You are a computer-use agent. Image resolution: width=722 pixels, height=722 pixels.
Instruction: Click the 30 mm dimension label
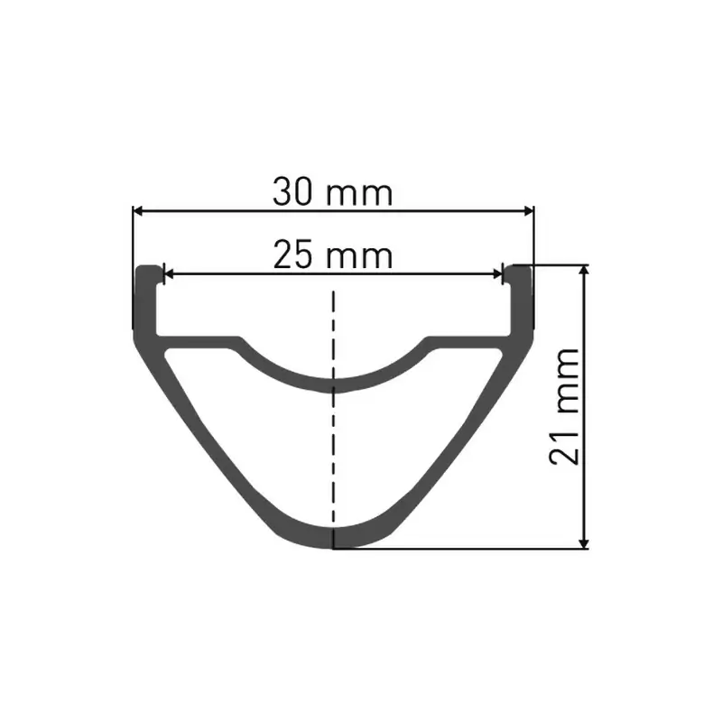click(x=333, y=192)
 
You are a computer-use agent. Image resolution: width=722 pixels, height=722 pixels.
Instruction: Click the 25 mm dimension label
click(x=333, y=256)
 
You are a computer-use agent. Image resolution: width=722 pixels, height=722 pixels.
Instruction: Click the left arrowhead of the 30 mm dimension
click(x=138, y=211)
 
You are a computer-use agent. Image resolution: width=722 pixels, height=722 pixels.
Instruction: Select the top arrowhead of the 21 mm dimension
click(x=586, y=272)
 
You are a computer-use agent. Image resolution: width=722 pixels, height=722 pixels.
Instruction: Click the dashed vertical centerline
click(x=334, y=433)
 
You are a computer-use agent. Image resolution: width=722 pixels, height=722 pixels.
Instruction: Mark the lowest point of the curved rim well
click(x=334, y=384)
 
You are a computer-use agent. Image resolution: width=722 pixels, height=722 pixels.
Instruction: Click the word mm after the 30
click(x=360, y=194)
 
